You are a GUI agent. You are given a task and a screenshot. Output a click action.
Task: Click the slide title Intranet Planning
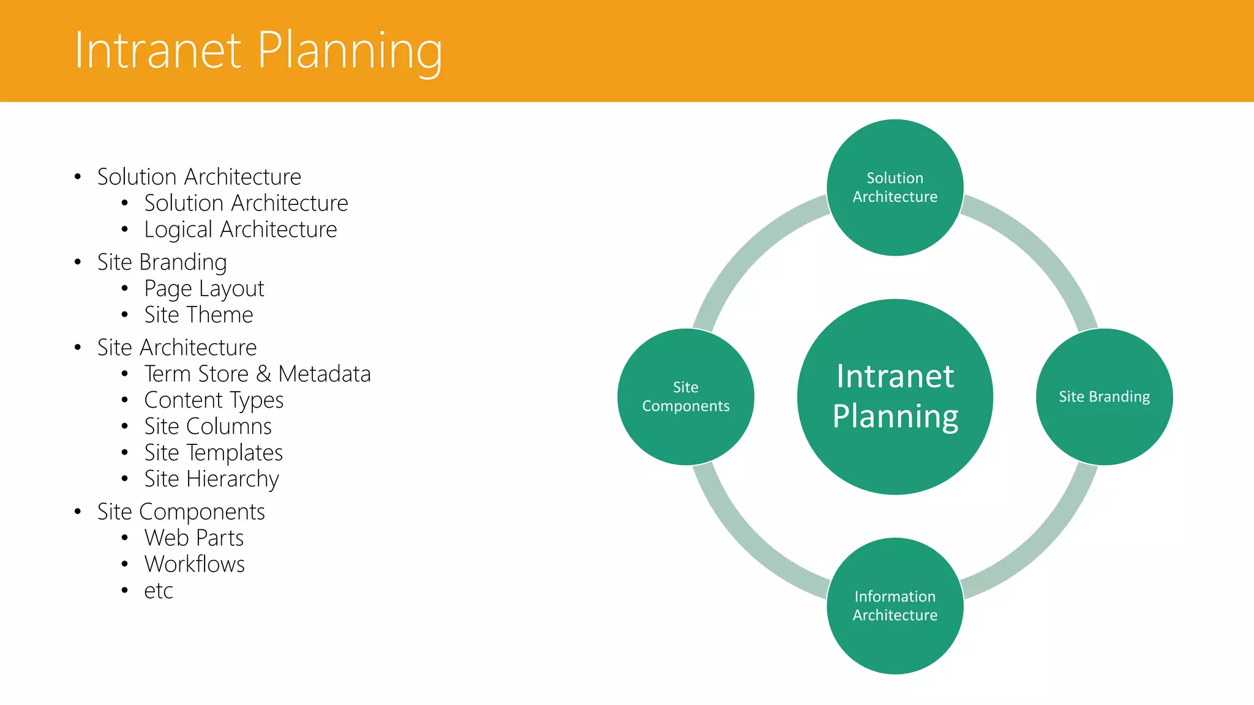258,51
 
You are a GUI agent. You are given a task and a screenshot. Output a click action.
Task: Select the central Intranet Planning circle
895,397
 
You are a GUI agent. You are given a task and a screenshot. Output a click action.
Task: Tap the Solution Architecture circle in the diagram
895,187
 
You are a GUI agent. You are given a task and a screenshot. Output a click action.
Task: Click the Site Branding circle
1104,397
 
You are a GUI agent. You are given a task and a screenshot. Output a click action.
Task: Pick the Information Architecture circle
895,606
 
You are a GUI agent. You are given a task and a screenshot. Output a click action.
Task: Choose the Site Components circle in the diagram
685,397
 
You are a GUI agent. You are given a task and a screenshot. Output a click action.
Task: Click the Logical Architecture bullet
240,229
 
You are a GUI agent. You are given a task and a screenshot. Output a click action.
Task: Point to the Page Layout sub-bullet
204,288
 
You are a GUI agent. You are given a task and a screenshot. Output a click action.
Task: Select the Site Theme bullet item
198,315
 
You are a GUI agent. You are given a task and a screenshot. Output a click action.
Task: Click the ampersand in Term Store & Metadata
263,374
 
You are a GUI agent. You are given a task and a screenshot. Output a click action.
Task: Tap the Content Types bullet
214,400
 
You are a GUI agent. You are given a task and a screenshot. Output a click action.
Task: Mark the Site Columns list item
208,427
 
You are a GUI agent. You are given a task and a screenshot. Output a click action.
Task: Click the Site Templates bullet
213,453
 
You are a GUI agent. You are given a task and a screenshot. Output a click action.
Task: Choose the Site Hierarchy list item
211,479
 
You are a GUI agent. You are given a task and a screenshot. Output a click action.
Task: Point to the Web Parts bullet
193,538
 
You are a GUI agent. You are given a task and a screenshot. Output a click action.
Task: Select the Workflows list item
194,564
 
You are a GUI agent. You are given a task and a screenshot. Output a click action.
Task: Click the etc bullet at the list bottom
159,591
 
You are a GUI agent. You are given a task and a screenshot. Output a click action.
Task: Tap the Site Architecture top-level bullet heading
177,348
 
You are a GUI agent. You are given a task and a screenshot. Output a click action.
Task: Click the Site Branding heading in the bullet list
162,262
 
